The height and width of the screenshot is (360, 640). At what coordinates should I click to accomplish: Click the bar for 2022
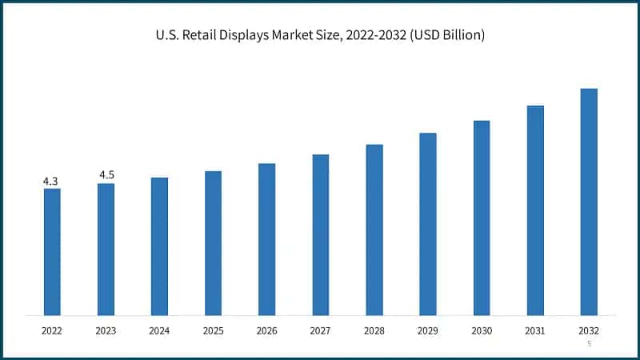(x=52, y=251)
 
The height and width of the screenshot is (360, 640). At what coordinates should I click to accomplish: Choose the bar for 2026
(x=266, y=239)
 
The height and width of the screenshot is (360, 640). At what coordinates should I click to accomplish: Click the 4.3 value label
(x=50, y=182)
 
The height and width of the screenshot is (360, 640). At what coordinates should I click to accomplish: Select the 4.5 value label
(x=106, y=175)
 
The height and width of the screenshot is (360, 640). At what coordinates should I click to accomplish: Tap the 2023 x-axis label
(x=106, y=330)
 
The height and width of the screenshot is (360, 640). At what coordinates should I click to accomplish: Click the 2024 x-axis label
(x=159, y=330)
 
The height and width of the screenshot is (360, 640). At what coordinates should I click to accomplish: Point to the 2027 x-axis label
(x=320, y=330)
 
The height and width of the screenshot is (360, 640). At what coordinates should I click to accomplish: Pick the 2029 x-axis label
(x=428, y=330)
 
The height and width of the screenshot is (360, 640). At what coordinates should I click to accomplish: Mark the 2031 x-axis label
(x=535, y=330)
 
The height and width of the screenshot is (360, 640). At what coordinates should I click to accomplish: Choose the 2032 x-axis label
(x=589, y=330)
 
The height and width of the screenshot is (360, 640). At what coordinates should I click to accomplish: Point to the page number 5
(x=589, y=344)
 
